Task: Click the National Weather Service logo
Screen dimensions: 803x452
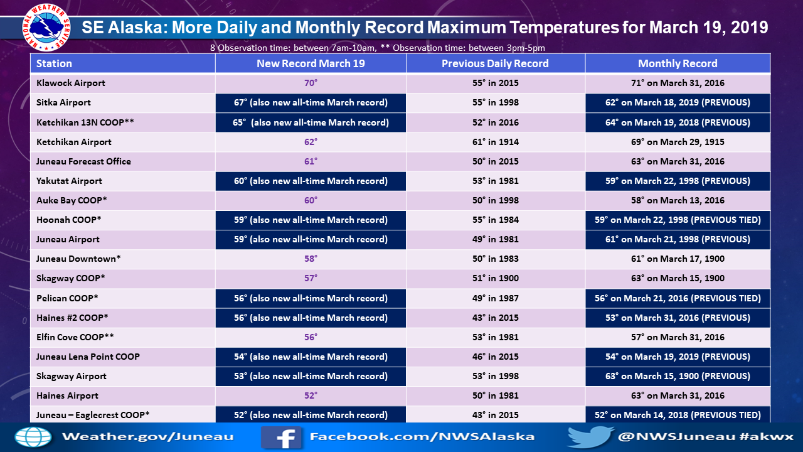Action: point(46,28)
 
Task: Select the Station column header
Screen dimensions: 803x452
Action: point(54,63)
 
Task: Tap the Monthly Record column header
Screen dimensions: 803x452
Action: point(678,63)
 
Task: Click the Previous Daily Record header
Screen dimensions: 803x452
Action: point(495,63)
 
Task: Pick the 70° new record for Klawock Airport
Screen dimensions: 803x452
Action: point(311,83)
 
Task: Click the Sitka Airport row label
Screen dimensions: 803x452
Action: point(63,102)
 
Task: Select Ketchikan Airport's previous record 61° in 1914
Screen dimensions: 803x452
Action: point(496,142)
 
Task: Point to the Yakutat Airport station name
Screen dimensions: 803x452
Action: point(69,181)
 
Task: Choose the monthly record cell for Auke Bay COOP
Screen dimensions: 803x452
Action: point(678,200)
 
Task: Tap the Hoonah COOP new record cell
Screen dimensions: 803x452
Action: point(311,220)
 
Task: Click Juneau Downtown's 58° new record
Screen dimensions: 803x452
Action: point(311,259)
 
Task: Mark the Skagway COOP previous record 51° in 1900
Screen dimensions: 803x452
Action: point(496,278)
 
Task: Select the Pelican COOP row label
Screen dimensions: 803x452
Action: point(67,298)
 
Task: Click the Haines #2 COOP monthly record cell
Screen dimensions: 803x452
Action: point(678,318)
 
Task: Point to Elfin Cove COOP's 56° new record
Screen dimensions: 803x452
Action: point(311,337)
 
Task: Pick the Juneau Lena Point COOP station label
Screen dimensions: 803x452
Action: point(88,357)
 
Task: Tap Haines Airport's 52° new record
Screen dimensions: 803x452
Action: point(311,395)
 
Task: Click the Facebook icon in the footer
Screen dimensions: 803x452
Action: point(281,438)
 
